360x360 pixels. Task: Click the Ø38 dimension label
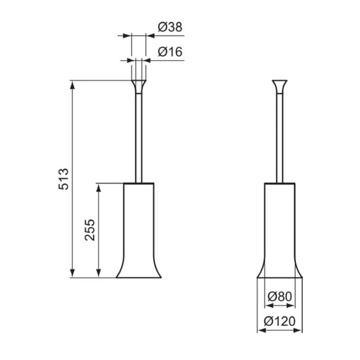click(x=170, y=27)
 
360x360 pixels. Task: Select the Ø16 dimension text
click(x=170, y=51)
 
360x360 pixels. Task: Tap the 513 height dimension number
click(x=64, y=179)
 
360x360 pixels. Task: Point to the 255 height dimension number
click(x=89, y=230)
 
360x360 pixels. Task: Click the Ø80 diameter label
click(x=280, y=297)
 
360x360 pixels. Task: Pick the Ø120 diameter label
click(x=280, y=321)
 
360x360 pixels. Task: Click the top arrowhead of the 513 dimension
click(x=73, y=85)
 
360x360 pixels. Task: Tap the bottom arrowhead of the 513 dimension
click(x=73, y=273)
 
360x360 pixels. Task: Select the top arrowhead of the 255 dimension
click(x=99, y=188)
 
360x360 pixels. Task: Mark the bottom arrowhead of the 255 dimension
click(x=99, y=273)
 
